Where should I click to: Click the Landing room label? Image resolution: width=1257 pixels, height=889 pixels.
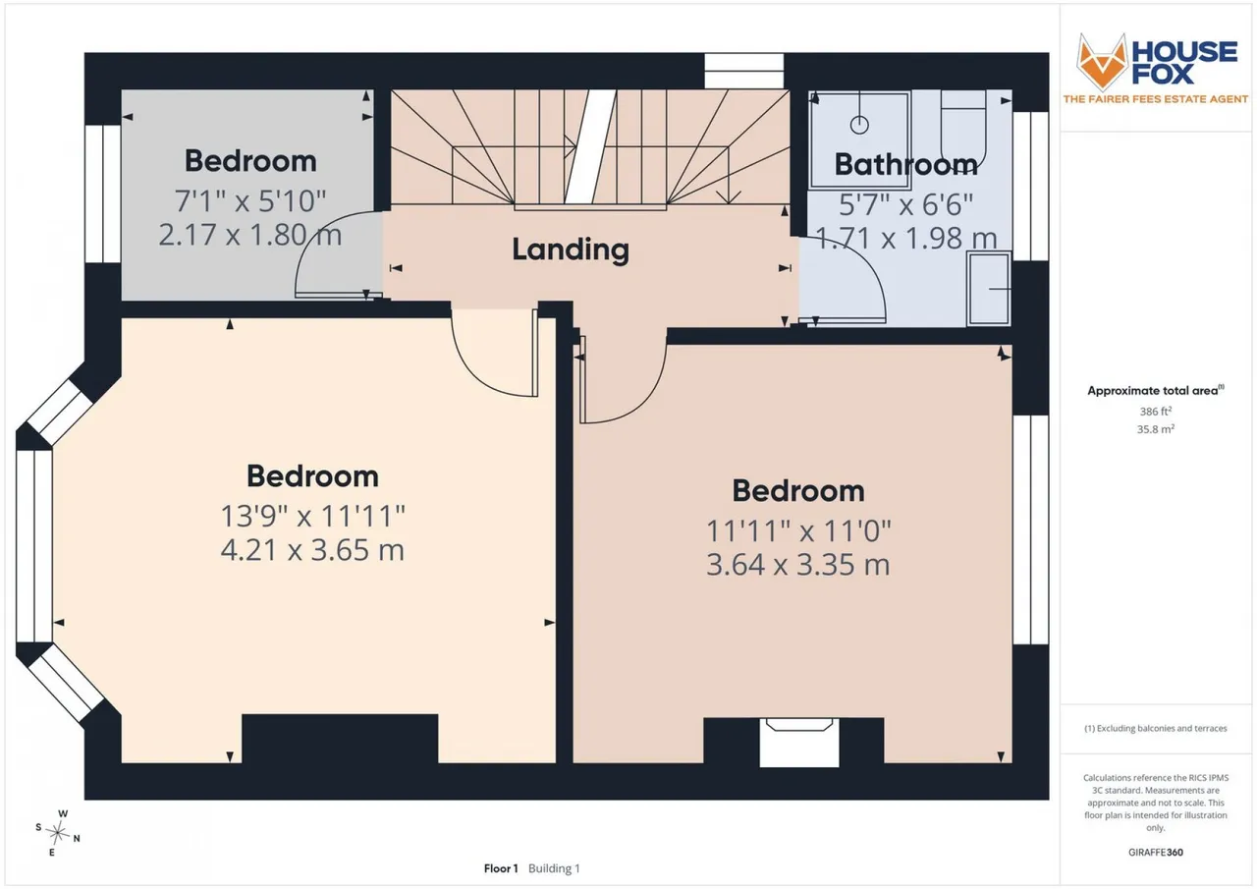tap(571, 250)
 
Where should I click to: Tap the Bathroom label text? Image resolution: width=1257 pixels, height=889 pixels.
tap(905, 164)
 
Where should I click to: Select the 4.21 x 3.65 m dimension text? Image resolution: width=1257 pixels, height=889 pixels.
tap(312, 550)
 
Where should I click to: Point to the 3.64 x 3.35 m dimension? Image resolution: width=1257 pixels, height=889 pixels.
tap(798, 565)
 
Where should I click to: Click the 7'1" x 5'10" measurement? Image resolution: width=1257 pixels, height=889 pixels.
tap(250, 201)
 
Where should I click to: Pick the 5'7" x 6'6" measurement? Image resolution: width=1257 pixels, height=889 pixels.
tap(905, 205)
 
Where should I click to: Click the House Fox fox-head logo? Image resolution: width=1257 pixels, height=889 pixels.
tap(1102, 61)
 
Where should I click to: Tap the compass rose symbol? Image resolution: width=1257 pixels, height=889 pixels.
tap(57, 833)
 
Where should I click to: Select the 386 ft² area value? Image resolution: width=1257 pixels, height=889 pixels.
tap(1156, 412)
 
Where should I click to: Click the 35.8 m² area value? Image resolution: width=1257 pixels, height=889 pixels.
tap(1156, 429)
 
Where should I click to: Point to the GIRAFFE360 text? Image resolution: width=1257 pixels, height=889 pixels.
tap(1156, 852)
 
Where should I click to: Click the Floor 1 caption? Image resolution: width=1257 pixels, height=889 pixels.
tap(501, 868)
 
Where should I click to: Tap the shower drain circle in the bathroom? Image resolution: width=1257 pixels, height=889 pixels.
tap(859, 125)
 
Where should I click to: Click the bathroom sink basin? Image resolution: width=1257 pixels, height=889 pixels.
tap(989, 289)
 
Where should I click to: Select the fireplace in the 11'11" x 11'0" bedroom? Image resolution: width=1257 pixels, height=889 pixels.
tap(799, 742)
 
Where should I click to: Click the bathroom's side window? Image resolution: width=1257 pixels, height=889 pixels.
tap(1030, 187)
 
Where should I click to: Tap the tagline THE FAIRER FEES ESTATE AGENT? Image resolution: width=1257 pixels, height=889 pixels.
tap(1156, 99)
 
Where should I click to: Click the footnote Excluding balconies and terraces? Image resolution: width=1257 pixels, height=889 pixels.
tap(1156, 729)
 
